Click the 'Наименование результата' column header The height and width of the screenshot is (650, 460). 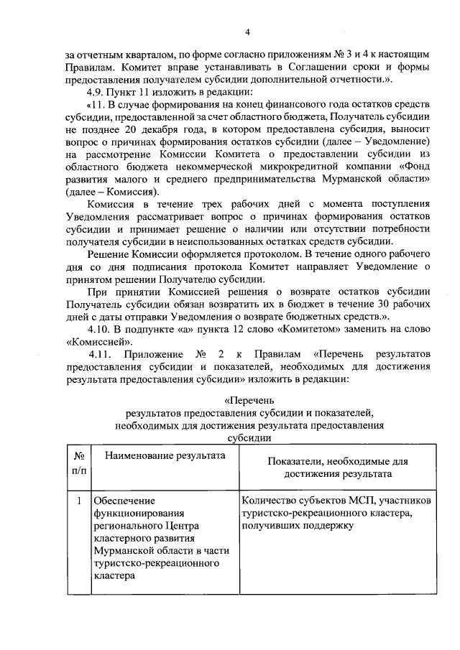161,456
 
